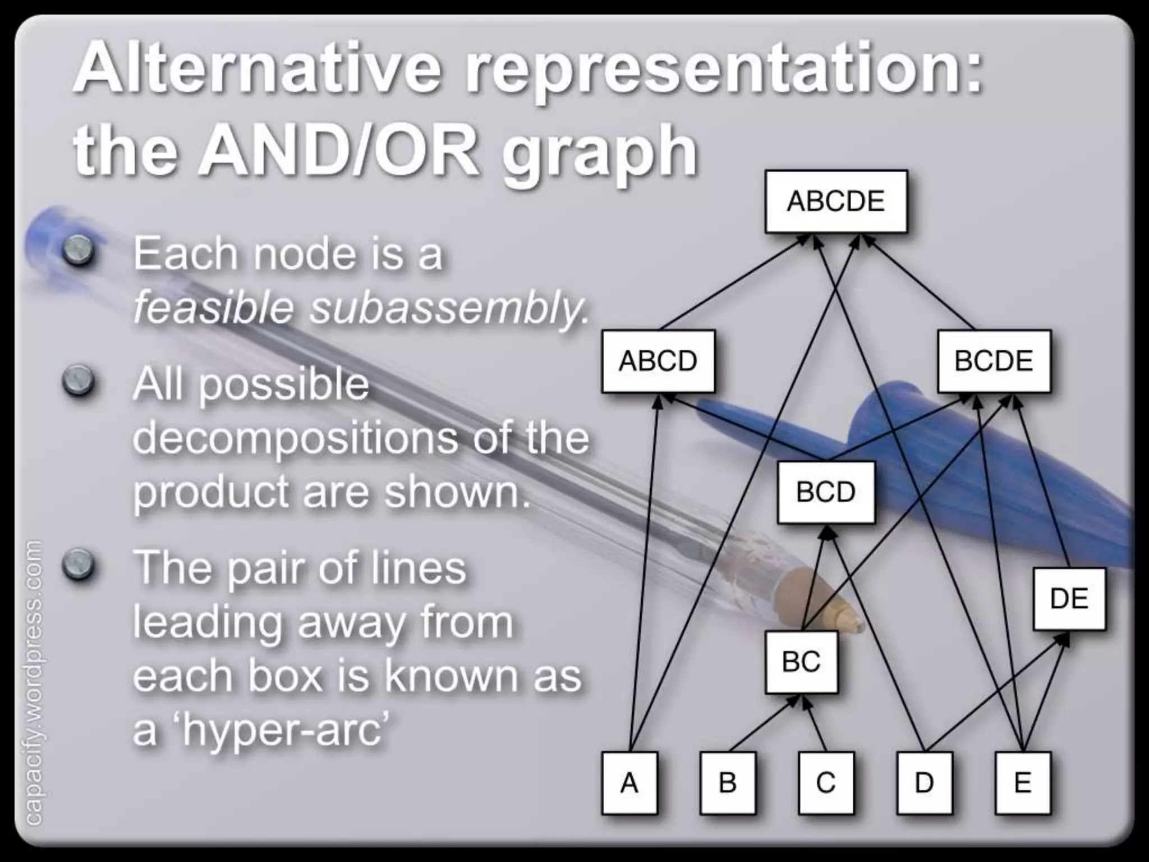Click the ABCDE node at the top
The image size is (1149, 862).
pyautogui.click(x=835, y=201)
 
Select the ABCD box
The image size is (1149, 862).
pyautogui.click(x=658, y=361)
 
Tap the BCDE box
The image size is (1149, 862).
pyautogui.click(x=994, y=361)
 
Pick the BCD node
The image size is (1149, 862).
pyautogui.click(x=826, y=492)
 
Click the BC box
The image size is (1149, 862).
pyautogui.click(x=801, y=662)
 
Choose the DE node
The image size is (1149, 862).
pyautogui.click(x=1069, y=598)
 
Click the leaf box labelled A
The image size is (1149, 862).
pyautogui.click(x=629, y=783)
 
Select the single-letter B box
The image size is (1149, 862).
pyautogui.click(x=728, y=783)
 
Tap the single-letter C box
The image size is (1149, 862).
pyautogui.click(x=826, y=783)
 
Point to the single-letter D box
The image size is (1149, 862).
pyautogui.click(x=924, y=783)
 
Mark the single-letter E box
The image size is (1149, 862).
pyautogui.click(x=1022, y=783)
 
